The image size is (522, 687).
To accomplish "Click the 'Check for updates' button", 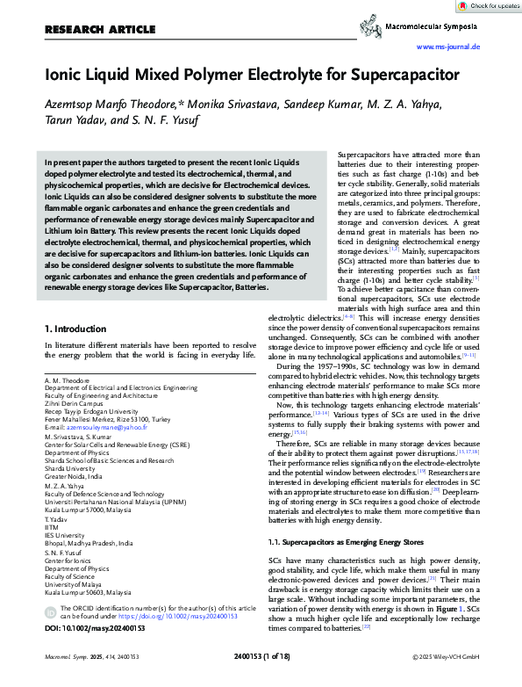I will click(x=489, y=6).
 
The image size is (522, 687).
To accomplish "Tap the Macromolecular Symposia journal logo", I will click(x=433, y=28).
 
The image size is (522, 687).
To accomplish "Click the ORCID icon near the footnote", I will click(x=50, y=609).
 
